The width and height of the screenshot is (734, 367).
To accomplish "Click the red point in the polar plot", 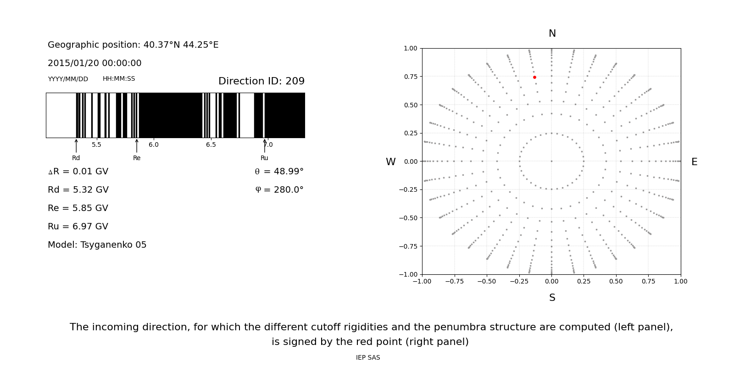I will (x=534, y=78).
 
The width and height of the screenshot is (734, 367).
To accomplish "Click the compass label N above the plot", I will (x=552, y=33).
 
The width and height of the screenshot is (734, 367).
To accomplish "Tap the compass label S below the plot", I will (x=552, y=298).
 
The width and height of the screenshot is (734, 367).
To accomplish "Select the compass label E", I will (x=694, y=162).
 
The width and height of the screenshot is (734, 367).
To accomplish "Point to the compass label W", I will (x=390, y=162).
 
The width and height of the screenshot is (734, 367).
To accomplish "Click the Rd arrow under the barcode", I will (x=76, y=146).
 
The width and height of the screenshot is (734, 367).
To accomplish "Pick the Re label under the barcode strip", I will (x=137, y=158).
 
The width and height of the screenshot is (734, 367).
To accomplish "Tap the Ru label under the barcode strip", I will (x=264, y=158).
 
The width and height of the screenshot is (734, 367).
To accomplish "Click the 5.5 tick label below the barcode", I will (x=96, y=145).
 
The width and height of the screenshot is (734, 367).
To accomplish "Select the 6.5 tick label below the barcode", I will (x=211, y=145).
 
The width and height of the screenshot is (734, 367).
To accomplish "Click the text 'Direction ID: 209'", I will (x=261, y=81).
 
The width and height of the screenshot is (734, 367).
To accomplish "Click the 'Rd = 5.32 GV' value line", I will (x=78, y=190).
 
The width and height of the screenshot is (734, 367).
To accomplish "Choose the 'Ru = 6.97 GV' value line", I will (x=78, y=227).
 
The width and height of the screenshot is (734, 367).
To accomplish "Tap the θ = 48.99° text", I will (x=279, y=172).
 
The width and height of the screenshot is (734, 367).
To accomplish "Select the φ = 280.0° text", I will (x=279, y=190).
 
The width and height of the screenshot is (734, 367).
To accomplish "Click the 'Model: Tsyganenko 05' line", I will (x=97, y=245).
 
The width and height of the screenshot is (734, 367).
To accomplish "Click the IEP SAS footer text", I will (x=368, y=358).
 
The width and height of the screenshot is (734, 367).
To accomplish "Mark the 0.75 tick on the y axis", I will (x=411, y=77).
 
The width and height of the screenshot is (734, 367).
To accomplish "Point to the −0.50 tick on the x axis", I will (x=486, y=281).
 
